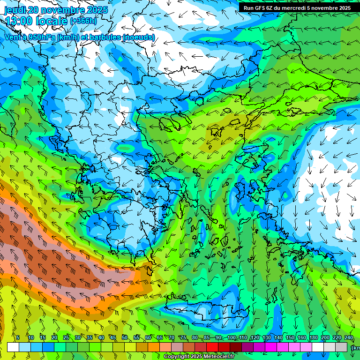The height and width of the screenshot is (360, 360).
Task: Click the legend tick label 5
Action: click(x=18, y=337)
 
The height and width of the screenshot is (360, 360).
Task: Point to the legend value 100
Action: click(x=231, y=337)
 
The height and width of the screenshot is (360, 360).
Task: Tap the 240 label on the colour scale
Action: click(x=349, y=337)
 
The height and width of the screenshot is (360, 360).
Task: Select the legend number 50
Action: click(x=125, y=337)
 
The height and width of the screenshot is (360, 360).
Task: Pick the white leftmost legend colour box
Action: click(x=13, y=347)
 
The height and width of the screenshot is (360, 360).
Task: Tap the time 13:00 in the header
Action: click(x=19, y=21)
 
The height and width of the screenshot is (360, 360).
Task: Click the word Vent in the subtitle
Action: click(x=13, y=37)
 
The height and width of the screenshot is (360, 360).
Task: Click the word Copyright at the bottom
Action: click(x=176, y=357)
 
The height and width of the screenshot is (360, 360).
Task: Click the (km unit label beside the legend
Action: click(x=355, y=348)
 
